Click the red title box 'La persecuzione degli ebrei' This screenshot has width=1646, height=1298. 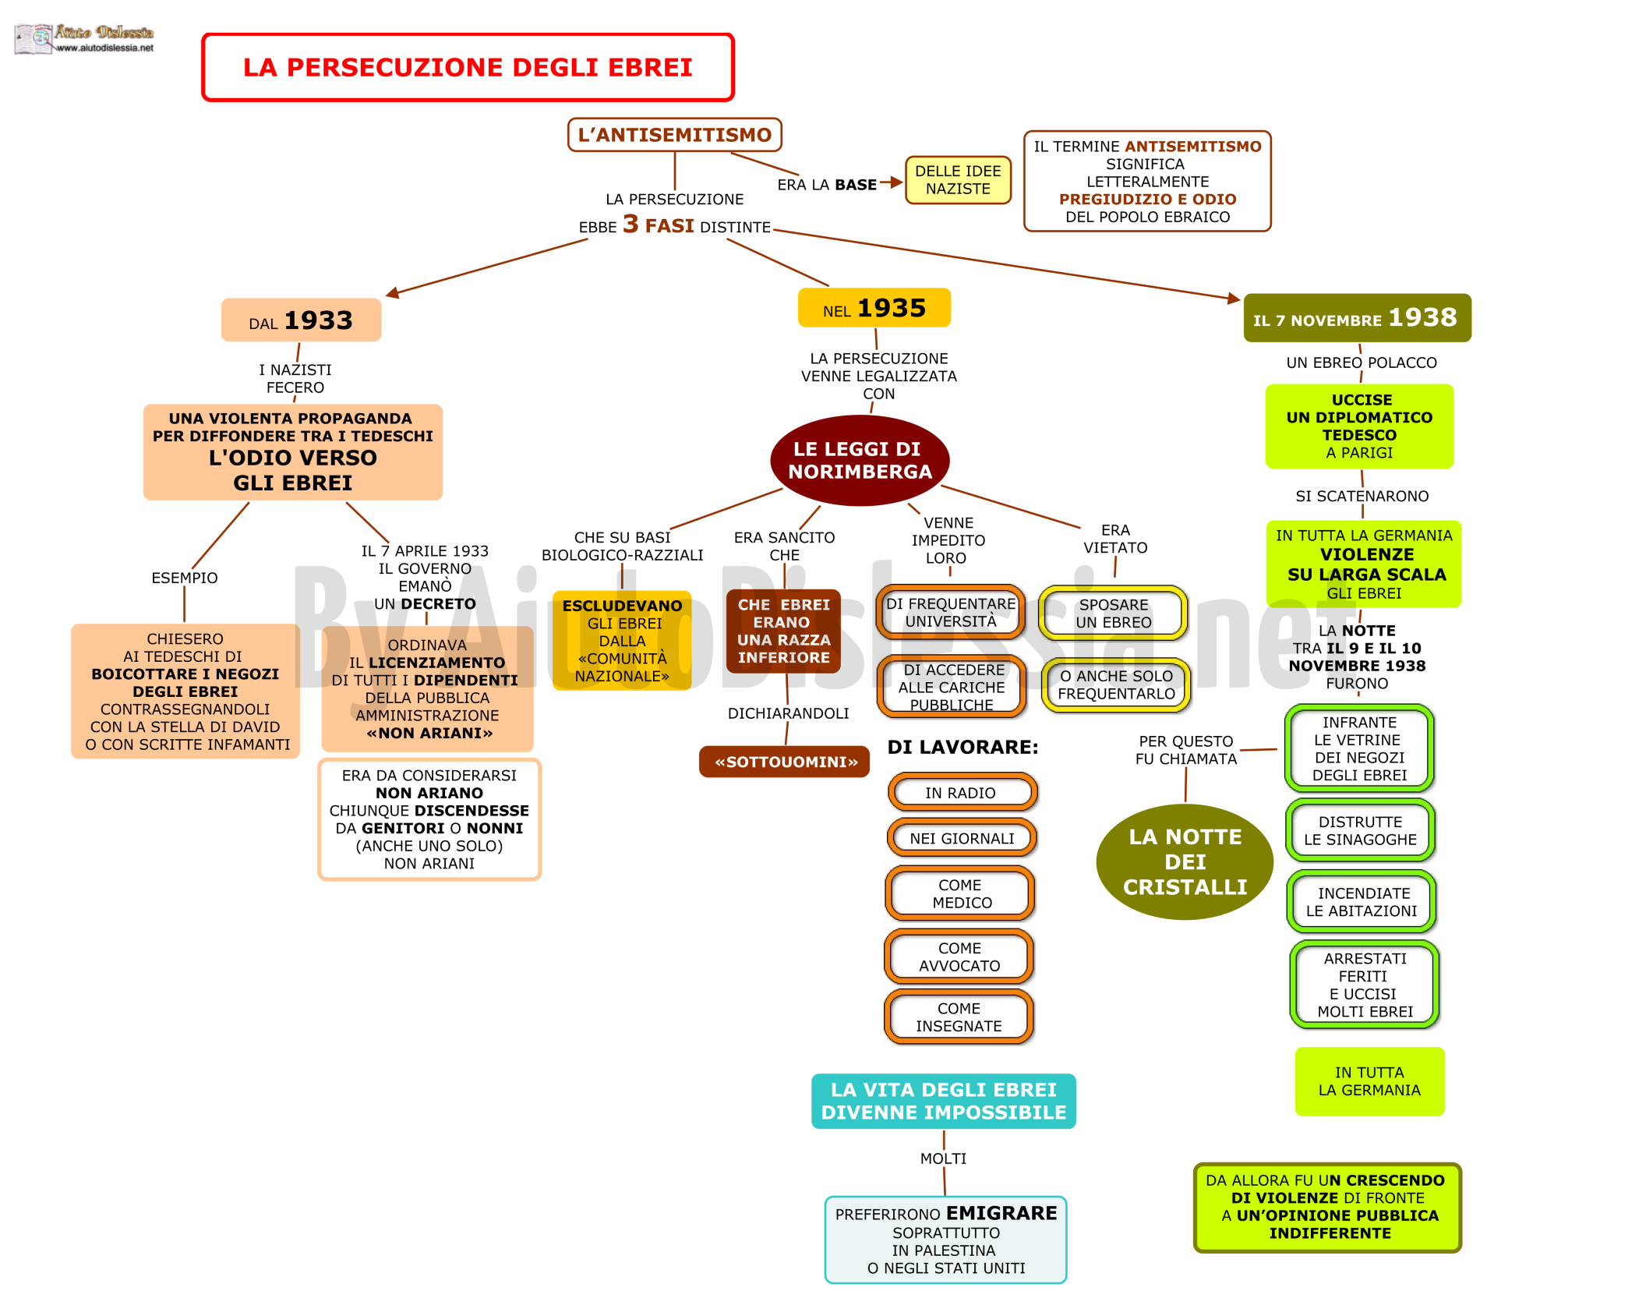tap(468, 67)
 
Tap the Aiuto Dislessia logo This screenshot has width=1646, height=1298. tap(84, 38)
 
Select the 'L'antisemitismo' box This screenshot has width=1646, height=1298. tap(674, 135)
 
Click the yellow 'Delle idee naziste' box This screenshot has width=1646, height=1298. tap(958, 180)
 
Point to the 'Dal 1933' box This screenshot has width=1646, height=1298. tap(301, 320)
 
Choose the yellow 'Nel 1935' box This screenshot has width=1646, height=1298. tap(874, 308)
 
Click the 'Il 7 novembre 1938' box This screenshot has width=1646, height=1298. tap(1357, 317)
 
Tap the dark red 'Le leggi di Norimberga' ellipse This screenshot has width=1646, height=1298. tap(860, 460)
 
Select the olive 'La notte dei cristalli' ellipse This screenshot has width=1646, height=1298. tap(1185, 861)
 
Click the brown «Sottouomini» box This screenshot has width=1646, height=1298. tap(784, 762)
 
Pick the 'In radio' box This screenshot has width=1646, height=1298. tap(961, 793)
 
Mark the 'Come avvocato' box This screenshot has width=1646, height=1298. tap(959, 957)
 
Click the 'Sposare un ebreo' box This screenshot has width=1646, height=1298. tap(1113, 614)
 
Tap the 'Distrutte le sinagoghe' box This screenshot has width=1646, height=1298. tap(1360, 830)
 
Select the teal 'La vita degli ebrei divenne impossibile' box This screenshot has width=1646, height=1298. tap(944, 1101)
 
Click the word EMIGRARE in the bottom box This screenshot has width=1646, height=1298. tap(1001, 1213)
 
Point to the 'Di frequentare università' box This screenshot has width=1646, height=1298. tap(951, 613)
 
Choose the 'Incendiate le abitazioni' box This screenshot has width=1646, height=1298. tap(1362, 902)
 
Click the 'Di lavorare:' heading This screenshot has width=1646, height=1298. tap(963, 747)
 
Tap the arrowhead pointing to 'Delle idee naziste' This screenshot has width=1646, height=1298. tap(897, 182)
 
